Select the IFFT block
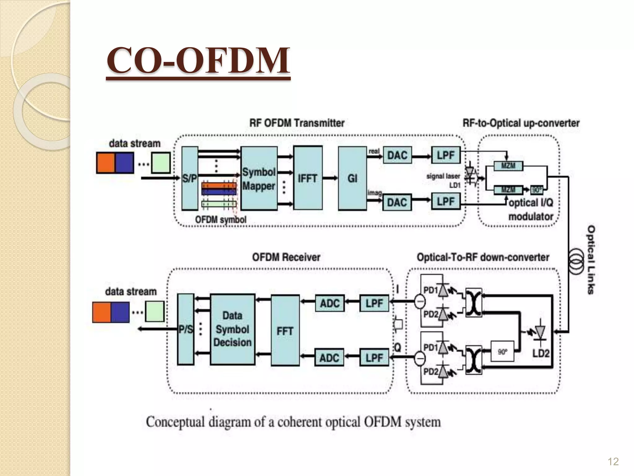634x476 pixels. [x=308, y=178]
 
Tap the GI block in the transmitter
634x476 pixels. [x=352, y=178]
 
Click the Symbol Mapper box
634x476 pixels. [x=259, y=179]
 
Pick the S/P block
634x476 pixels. [x=189, y=178]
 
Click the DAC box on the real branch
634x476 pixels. [x=397, y=155]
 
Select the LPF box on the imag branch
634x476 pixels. [x=446, y=201]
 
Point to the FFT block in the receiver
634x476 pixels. [x=285, y=331]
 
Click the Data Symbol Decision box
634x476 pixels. [x=232, y=329]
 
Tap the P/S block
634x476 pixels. [x=185, y=329]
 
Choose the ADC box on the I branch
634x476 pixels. [x=330, y=303]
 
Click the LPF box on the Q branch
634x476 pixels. [x=374, y=358]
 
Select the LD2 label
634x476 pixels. [x=541, y=353]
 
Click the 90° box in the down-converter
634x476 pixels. [x=502, y=352]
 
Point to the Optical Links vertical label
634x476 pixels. [x=591, y=260]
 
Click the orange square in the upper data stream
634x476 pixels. [x=106, y=163]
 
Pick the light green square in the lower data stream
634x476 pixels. [x=155, y=311]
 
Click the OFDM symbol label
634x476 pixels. [x=221, y=220]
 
